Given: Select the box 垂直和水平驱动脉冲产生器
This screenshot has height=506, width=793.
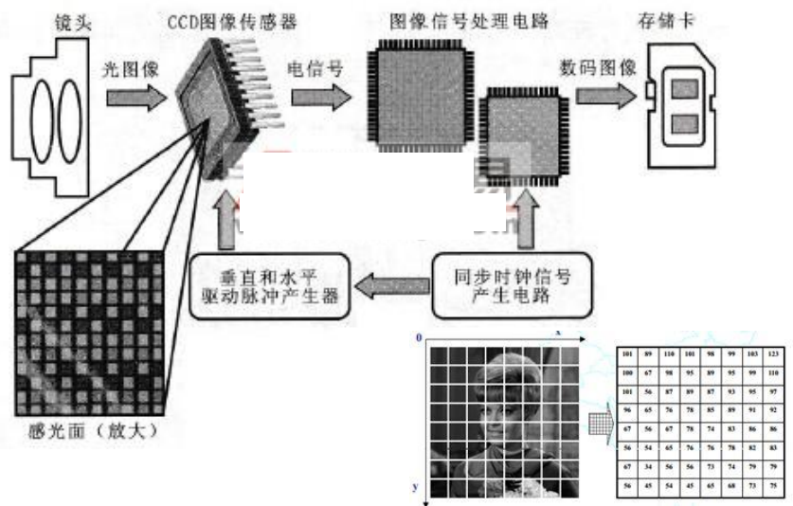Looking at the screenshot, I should (x=269, y=284).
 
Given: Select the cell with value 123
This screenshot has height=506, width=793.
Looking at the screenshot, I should (x=774, y=352).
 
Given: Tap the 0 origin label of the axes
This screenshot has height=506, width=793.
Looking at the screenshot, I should (x=419, y=337).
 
